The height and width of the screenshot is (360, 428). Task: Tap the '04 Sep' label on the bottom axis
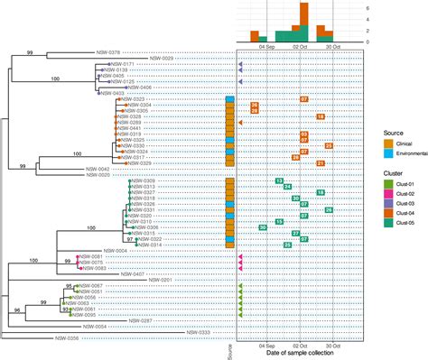[x=268, y=346]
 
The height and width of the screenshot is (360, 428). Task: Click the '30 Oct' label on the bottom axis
[x=334, y=346]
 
